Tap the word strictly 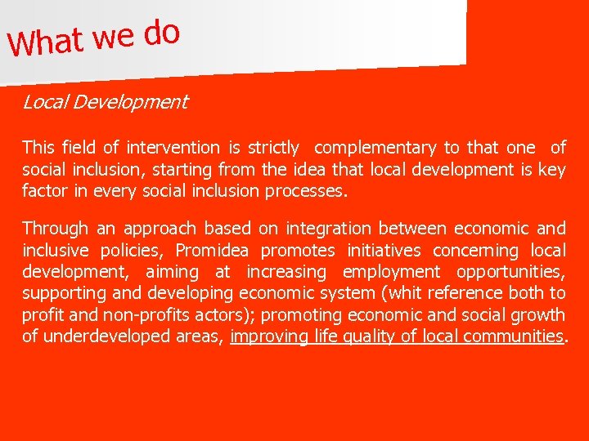273,148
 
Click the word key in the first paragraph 552,170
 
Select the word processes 313,192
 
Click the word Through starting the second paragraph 55,228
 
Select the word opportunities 510,272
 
